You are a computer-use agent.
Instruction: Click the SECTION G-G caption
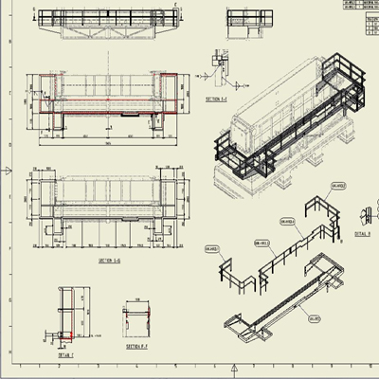pyautogui.click(x=111, y=260)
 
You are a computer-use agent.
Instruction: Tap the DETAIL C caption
pyautogui.click(x=64, y=354)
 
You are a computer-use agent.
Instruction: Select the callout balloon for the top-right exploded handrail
pyautogui.click(x=334, y=188)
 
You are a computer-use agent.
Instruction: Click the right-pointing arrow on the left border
pyautogui.click(x=9, y=171)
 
